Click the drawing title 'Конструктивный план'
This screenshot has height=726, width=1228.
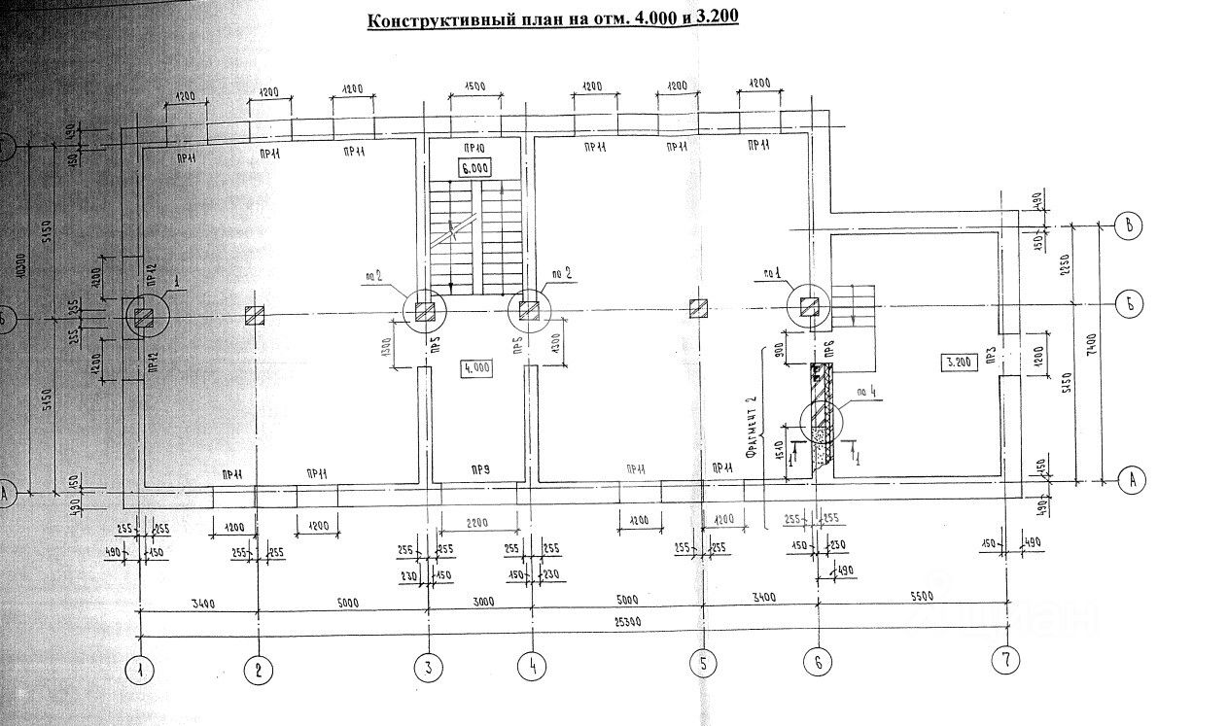[551, 20]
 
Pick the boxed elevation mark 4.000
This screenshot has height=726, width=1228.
[478, 367]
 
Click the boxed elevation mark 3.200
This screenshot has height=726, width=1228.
[959, 363]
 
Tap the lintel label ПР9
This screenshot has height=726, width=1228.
[479, 471]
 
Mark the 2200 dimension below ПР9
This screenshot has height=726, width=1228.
[478, 522]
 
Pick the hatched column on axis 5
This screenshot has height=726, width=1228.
[698, 309]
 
